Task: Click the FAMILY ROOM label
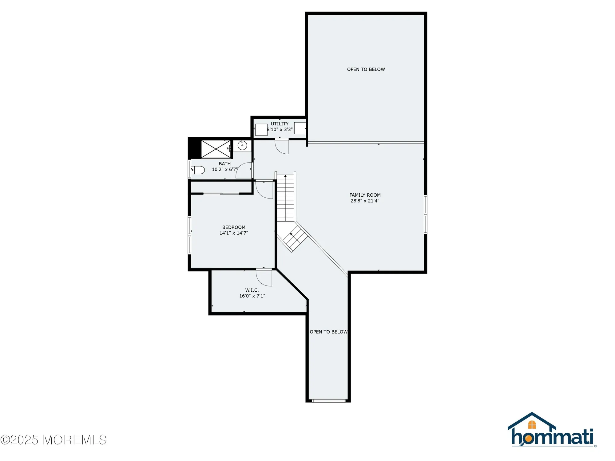click(365, 195)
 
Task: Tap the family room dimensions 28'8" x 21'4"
click(365, 201)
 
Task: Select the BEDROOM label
click(234, 227)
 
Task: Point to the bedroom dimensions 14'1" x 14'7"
click(234, 233)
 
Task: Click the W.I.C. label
click(252, 290)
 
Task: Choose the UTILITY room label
click(280, 124)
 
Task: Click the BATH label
click(224, 164)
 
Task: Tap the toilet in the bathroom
click(198, 170)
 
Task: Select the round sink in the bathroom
click(242, 145)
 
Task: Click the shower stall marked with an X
click(216, 149)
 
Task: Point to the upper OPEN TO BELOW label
click(366, 69)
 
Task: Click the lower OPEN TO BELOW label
click(328, 332)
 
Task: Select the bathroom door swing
click(244, 171)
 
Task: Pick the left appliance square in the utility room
click(261, 129)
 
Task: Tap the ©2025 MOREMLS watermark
click(54, 440)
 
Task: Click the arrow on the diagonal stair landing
click(291, 234)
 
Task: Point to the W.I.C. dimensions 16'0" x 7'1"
click(252, 296)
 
